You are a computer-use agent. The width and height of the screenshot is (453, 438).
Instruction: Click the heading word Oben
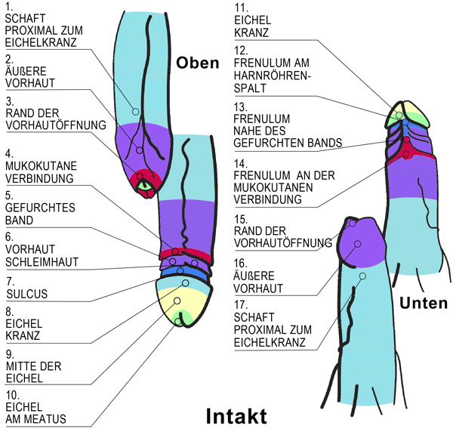198,63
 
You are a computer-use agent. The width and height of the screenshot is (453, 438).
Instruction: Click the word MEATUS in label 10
47,419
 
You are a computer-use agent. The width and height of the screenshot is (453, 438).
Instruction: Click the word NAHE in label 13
252,131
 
